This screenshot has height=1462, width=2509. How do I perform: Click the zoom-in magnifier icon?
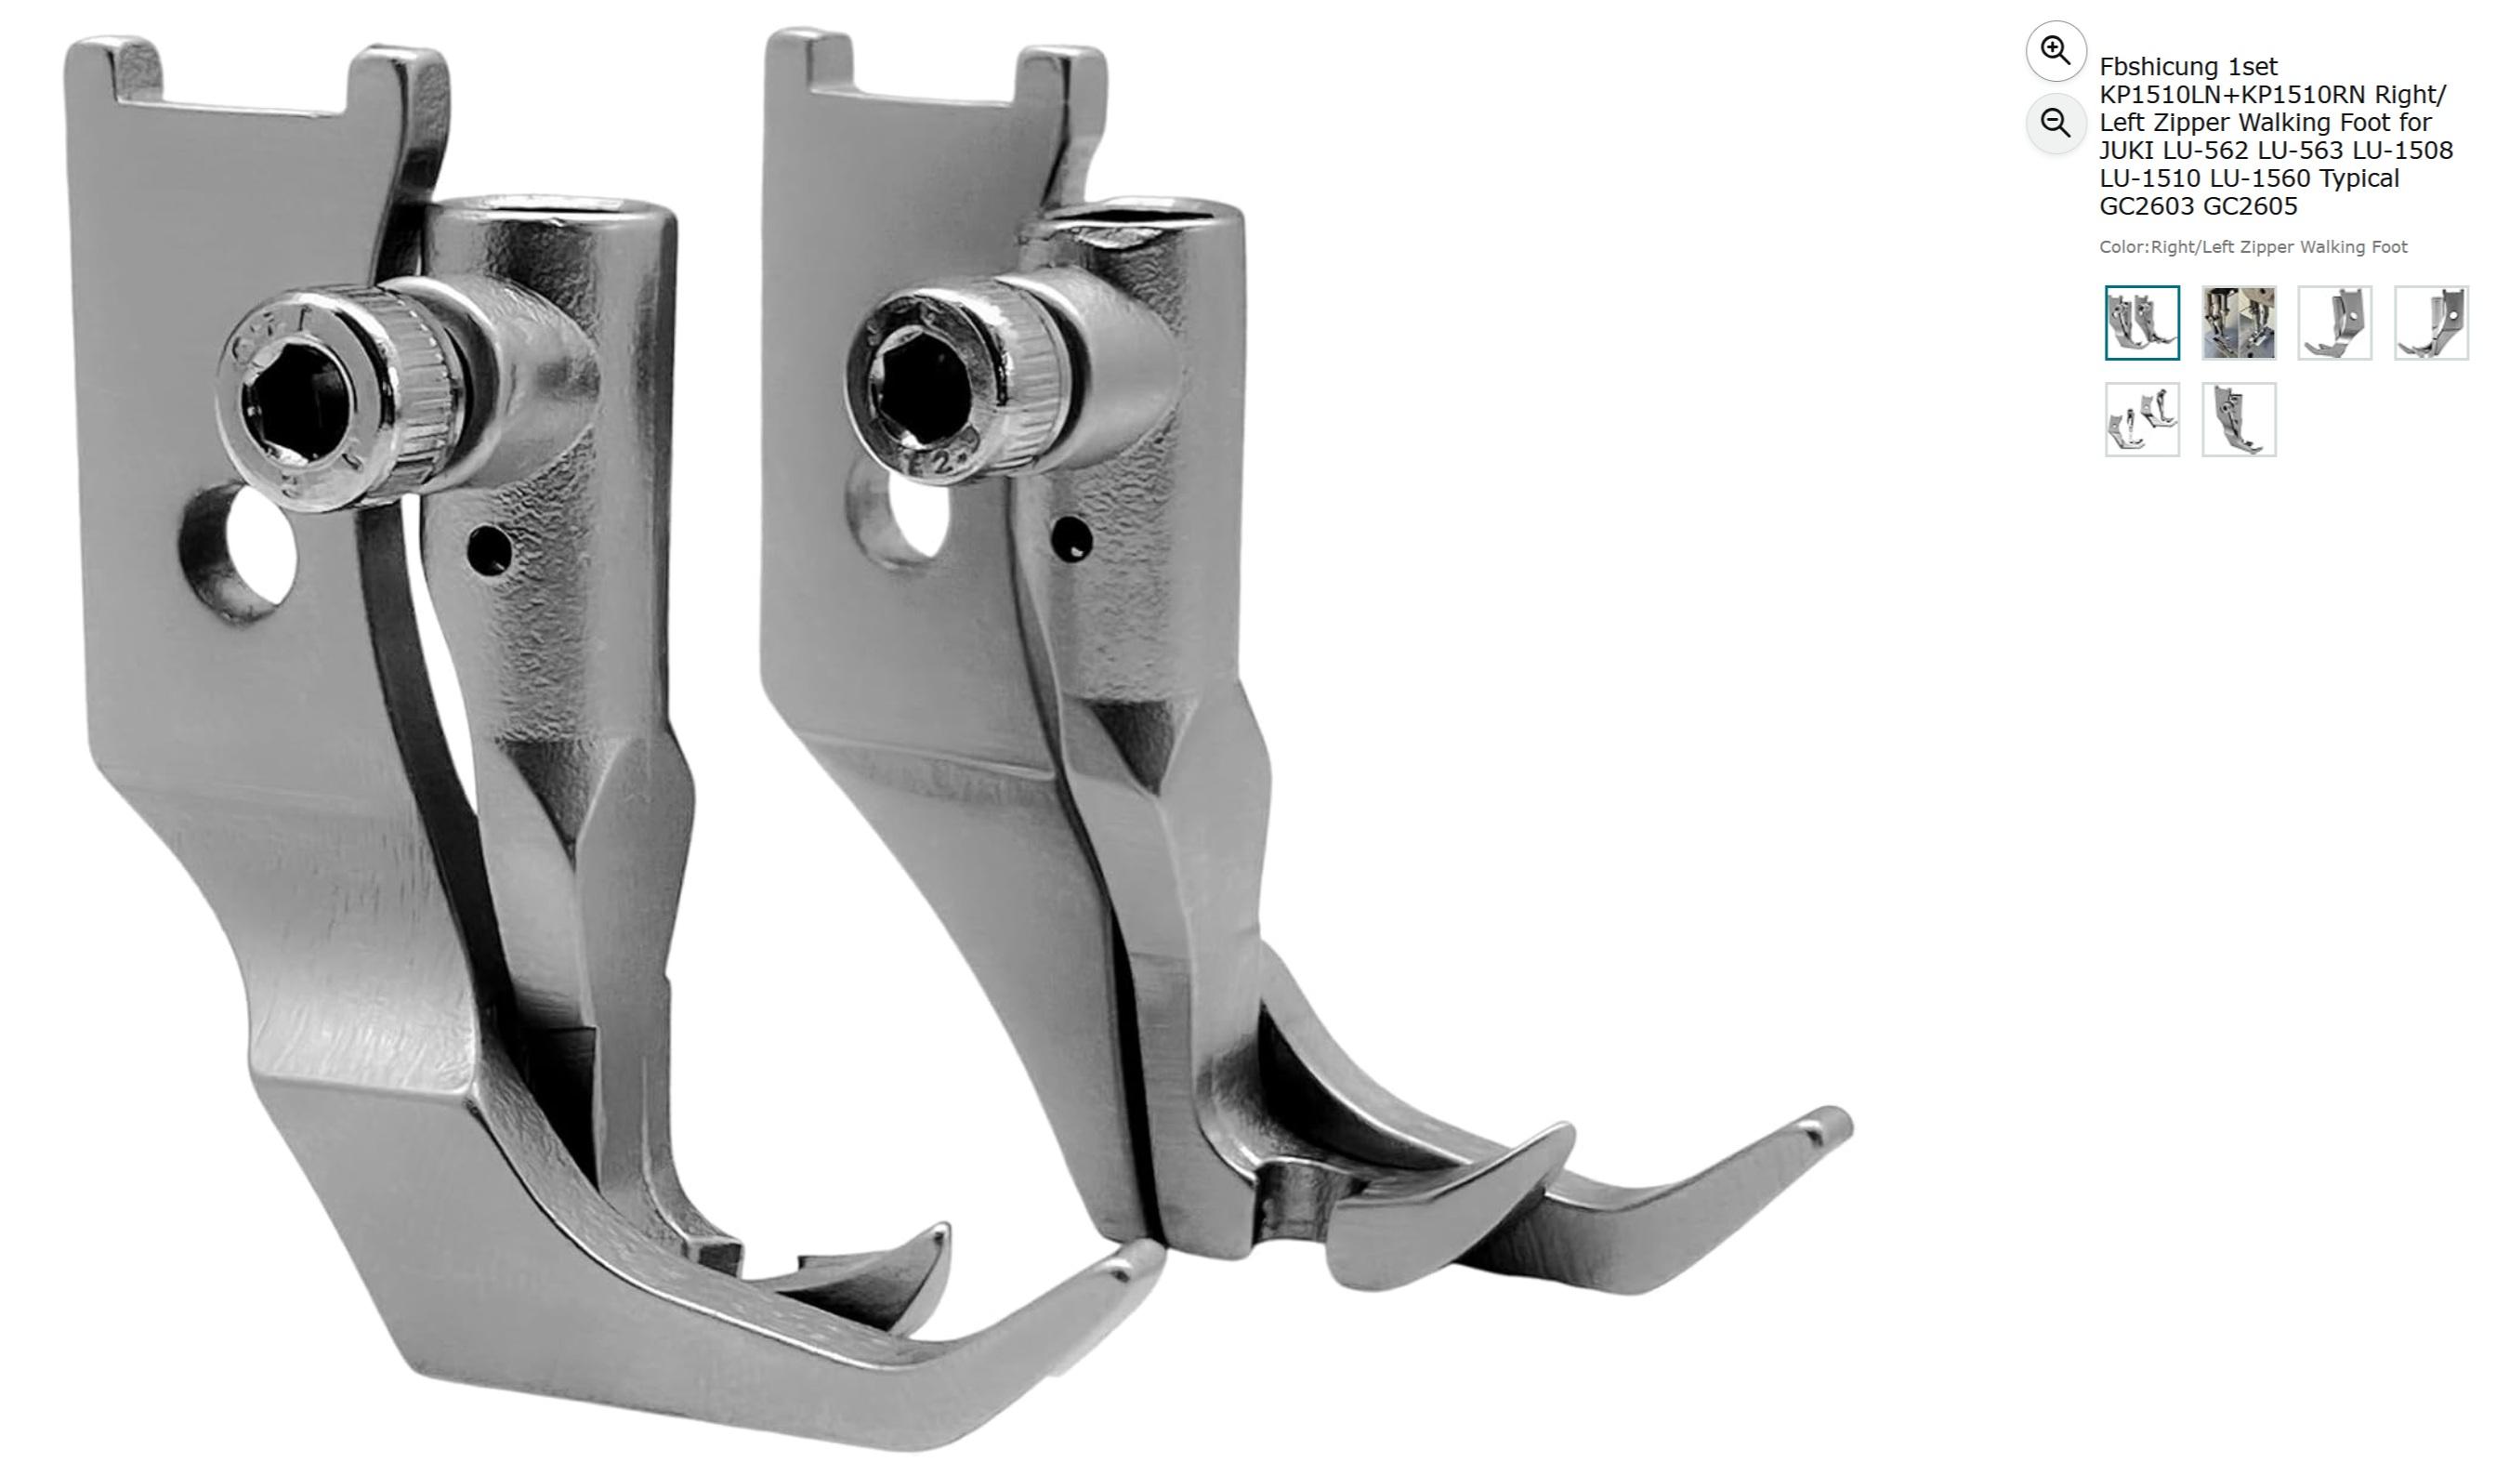[x=2055, y=50]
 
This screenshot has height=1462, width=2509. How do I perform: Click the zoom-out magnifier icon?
[x=2055, y=124]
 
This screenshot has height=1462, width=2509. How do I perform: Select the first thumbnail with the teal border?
[x=2142, y=323]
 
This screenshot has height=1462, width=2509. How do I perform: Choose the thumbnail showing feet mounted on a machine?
[x=2239, y=323]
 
